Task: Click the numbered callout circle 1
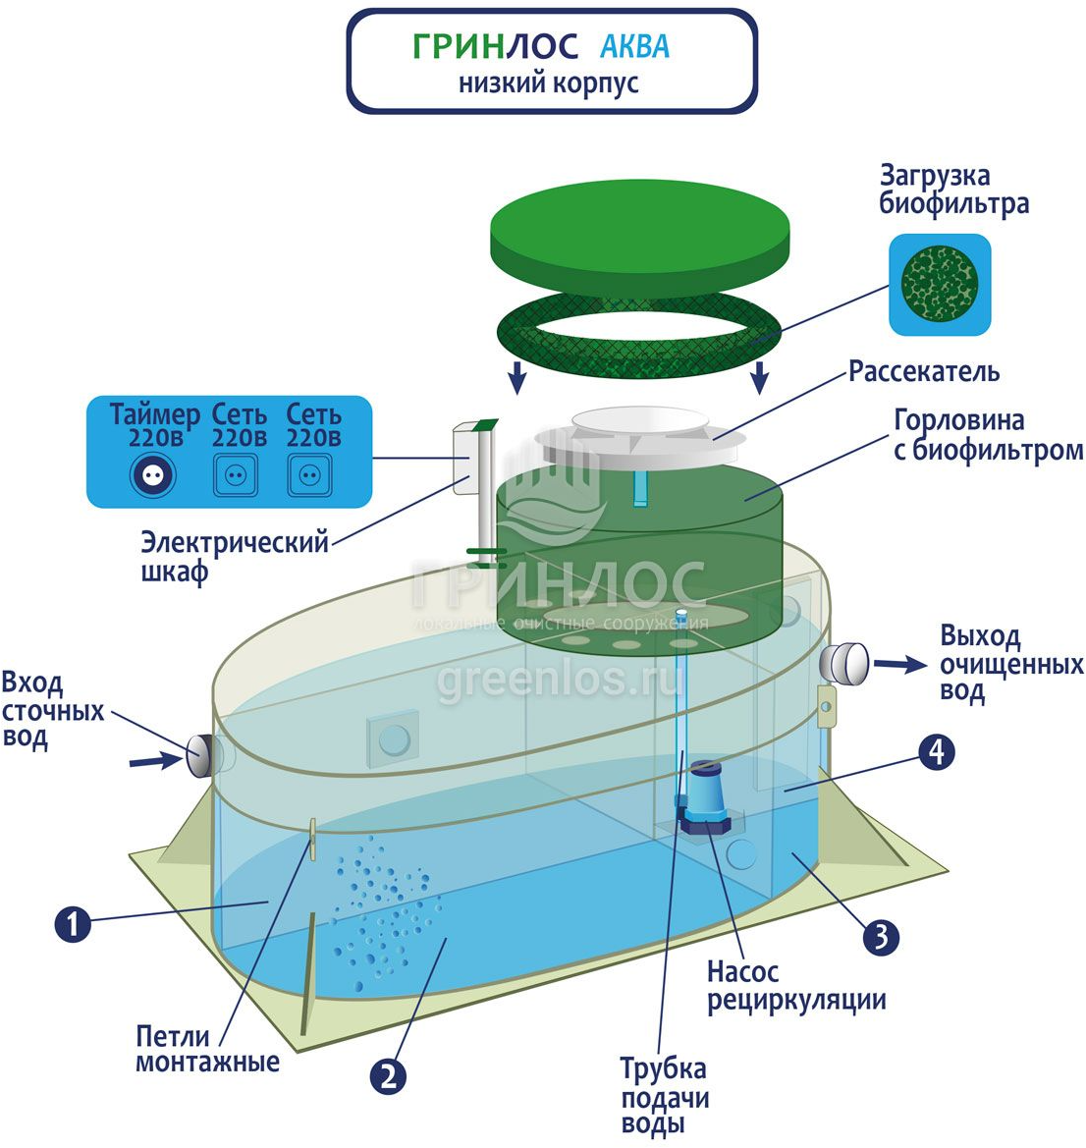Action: tap(73, 924)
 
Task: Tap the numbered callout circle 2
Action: tap(388, 1076)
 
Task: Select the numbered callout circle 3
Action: tap(880, 936)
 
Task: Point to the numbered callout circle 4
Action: tap(937, 752)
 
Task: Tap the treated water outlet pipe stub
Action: tap(846, 664)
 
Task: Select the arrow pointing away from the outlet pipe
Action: tap(898, 665)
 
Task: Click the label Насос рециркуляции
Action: tap(796, 986)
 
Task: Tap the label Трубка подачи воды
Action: tap(663, 1096)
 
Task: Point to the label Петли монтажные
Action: tap(207, 1049)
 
